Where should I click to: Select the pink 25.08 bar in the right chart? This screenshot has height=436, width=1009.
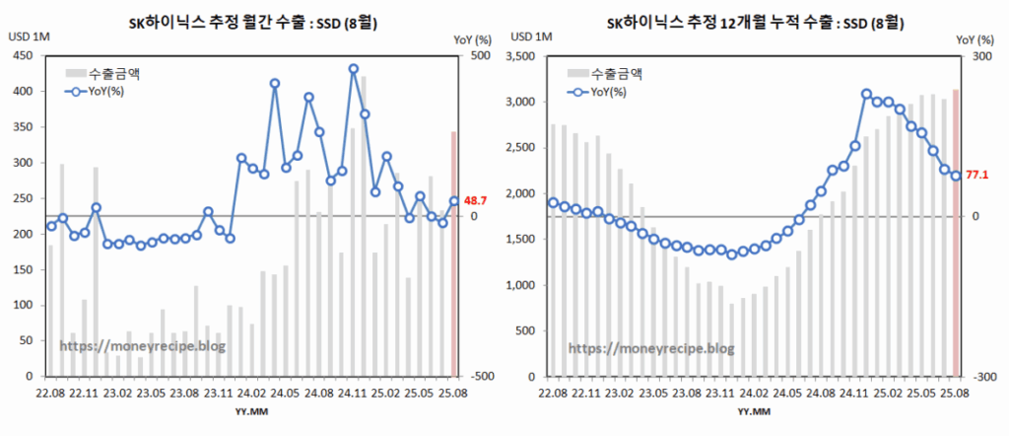point(955,233)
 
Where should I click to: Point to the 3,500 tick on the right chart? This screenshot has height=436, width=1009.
point(520,56)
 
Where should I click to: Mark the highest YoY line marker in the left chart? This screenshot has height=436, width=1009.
point(354,69)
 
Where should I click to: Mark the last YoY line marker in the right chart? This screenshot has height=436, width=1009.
point(955,176)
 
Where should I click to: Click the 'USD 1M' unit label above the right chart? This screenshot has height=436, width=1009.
point(529,37)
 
